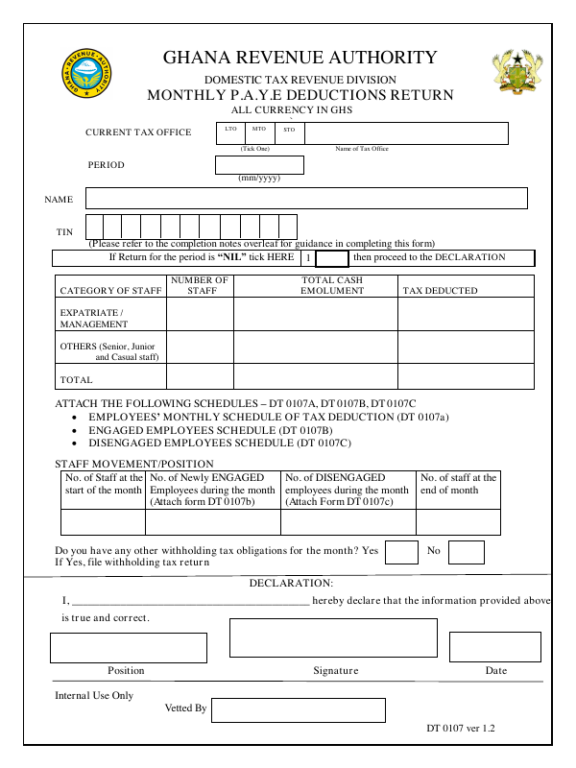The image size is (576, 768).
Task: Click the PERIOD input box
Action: (260, 165)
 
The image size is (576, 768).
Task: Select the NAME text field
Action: (306, 198)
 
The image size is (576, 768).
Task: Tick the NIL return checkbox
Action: (331, 258)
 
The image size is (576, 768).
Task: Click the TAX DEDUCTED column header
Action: (439, 290)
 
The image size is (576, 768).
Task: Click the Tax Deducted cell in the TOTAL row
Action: (466, 376)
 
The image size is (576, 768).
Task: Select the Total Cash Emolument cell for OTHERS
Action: (316, 347)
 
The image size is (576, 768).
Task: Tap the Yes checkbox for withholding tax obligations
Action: (401, 552)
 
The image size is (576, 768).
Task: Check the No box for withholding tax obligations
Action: (466, 552)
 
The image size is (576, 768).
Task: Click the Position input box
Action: (129, 647)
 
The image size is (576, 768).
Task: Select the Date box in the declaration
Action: (494, 647)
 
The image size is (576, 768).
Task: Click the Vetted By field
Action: (298, 709)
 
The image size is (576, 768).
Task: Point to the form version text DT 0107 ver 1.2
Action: (461, 729)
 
